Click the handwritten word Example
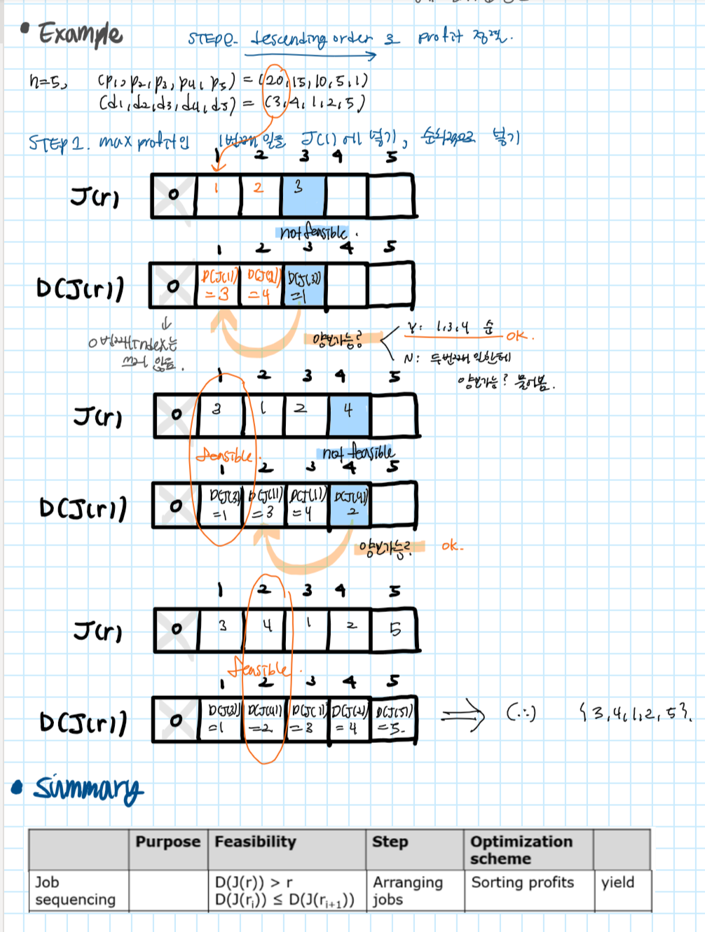tap(80, 34)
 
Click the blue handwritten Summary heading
tap(88, 788)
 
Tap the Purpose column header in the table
tap(167, 842)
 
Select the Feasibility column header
tap(255, 842)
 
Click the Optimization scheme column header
tap(521, 849)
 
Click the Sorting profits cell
tap(522, 882)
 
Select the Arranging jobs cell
tap(407, 891)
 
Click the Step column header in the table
tap(390, 842)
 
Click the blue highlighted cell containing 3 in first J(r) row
tap(303, 195)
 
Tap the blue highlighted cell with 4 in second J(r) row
tap(349, 415)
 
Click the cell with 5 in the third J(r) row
tap(395, 630)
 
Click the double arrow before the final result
tap(462, 716)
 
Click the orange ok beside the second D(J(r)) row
tap(452, 545)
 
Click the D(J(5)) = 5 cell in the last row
tap(392, 719)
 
